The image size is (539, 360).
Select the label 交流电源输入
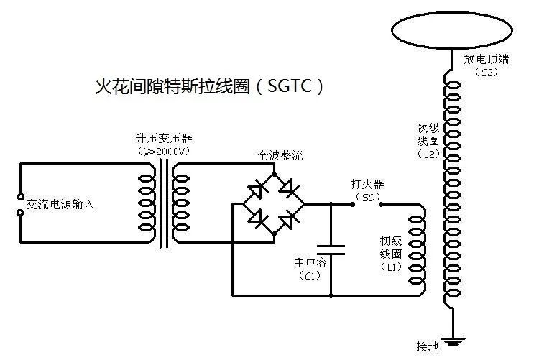pos(60,204)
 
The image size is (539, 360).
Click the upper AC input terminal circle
pos(20,196)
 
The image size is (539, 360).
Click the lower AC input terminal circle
pos(20,213)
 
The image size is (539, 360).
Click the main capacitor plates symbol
pos(331,250)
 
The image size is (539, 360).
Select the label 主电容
pos(310,263)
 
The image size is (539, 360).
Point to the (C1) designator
pos(310,276)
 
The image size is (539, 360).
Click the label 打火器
pos(365,184)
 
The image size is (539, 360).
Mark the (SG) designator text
pos(367,196)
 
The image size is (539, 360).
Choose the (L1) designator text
pos(392,267)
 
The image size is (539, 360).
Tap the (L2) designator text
pos(429,153)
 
